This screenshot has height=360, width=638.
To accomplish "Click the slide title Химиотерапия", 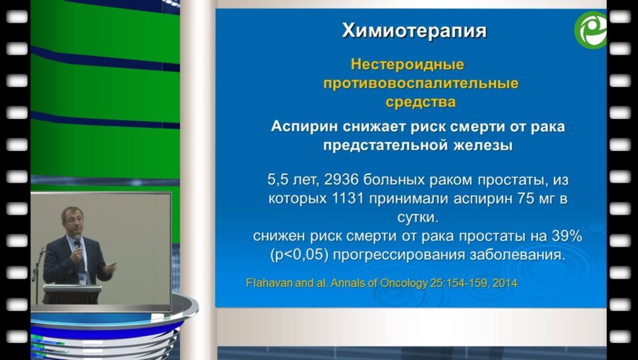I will click(414, 31).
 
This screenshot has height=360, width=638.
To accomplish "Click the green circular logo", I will click(591, 30).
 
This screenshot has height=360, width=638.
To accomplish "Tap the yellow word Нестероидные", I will click(408, 65).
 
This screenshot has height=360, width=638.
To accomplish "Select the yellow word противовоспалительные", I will click(420, 84).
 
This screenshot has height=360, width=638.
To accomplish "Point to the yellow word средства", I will click(420, 102).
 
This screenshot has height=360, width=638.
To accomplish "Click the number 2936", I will click(342, 179).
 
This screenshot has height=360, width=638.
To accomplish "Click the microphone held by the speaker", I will click(77, 245).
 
